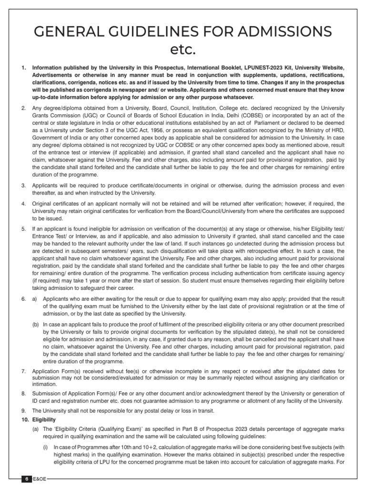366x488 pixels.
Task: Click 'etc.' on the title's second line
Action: tap(183, 50)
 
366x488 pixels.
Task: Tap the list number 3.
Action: tap(24, 185)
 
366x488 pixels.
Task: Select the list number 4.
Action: tap(24, 204)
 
